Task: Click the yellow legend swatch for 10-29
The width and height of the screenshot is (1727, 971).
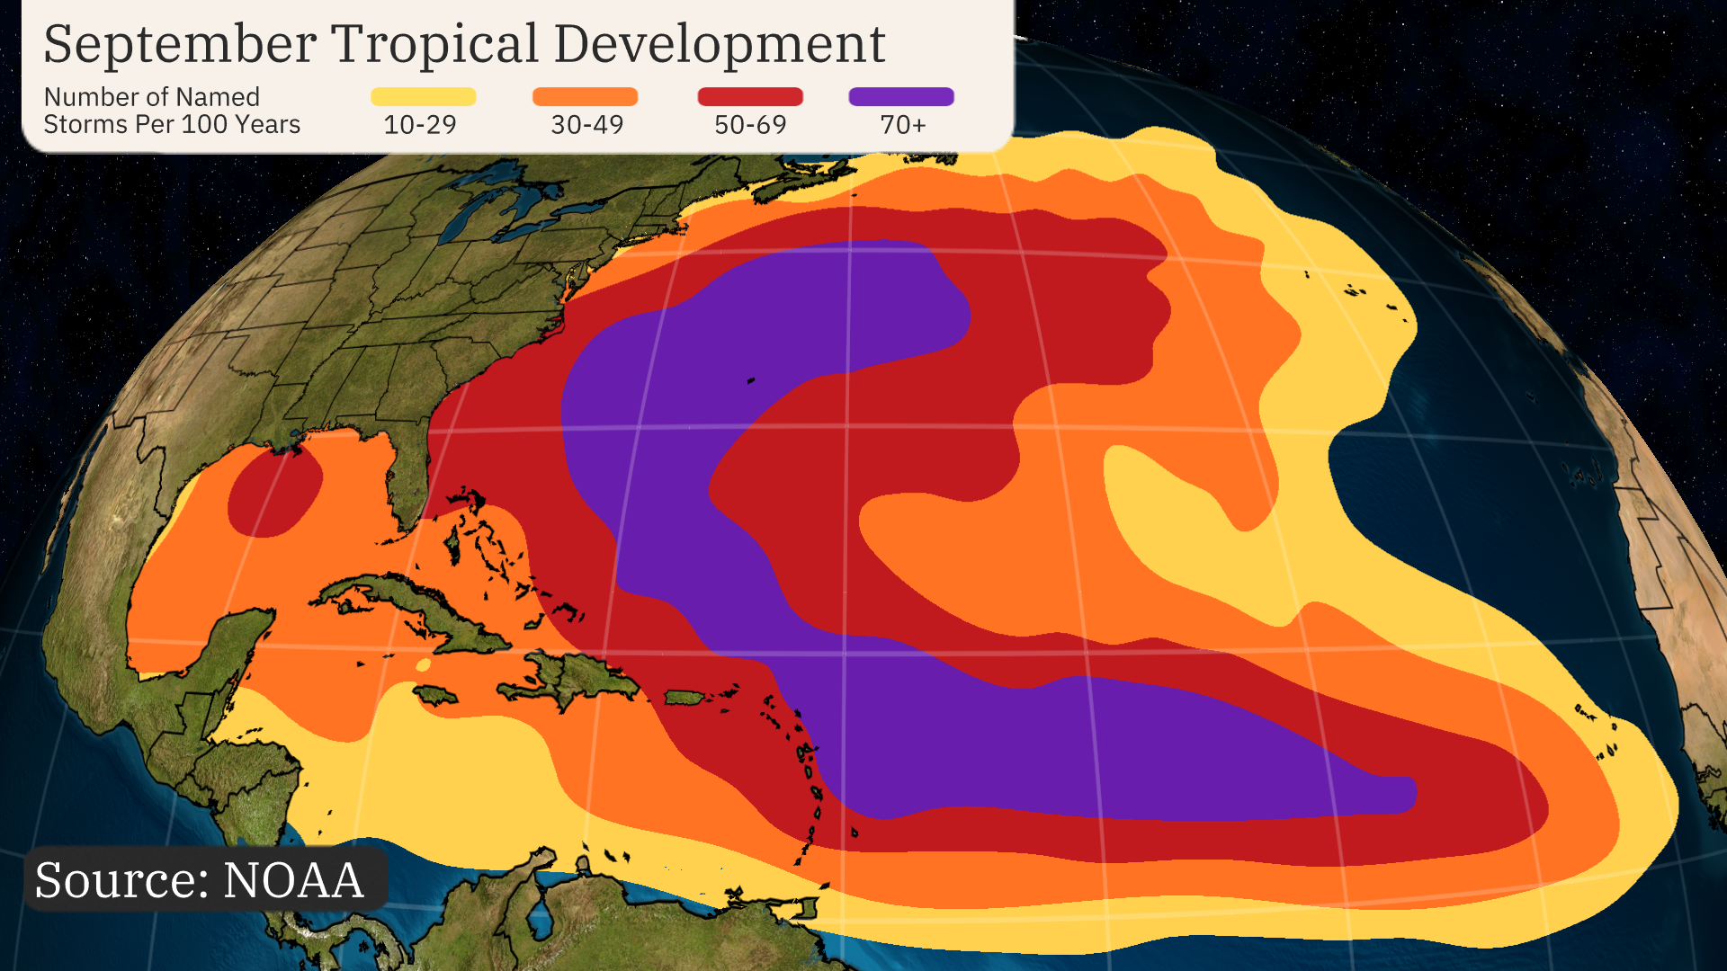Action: [x=423, y=96]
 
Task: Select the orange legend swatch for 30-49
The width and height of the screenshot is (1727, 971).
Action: [x=585, y=96]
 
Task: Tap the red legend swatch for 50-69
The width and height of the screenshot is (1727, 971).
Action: [x=750, y=96]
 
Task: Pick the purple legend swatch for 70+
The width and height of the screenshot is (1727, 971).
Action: [x=901, y=96]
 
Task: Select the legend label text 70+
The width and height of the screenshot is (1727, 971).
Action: [x=902, y=124]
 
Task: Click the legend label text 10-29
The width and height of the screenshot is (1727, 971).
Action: [x=420, y=124]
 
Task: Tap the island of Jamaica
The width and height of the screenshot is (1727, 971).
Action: [x=435, y=695]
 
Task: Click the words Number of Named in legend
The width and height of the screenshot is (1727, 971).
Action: [x=152, y=97]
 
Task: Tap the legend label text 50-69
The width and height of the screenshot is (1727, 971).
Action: [x=750, y=124]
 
